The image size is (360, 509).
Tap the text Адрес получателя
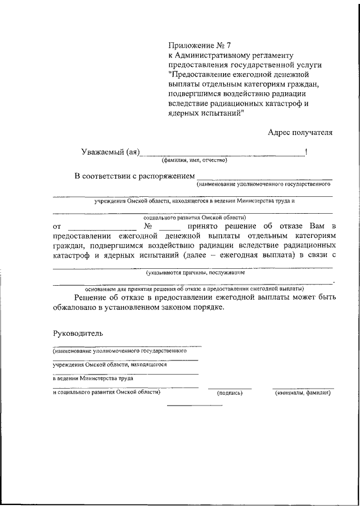[x=300, y=133]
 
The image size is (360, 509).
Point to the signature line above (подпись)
[x=229, y=388]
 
